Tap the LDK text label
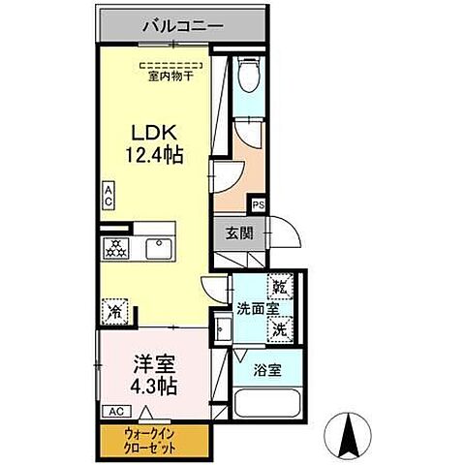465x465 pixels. (151, 131)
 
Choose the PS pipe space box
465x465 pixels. (259, 204)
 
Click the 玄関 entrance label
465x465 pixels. (239, 232)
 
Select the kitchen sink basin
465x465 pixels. (157, 248)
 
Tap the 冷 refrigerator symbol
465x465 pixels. (114, 312)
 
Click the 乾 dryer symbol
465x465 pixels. (279, 288)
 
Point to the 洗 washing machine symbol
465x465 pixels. (279, 328)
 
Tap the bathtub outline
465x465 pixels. (264, 402)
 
